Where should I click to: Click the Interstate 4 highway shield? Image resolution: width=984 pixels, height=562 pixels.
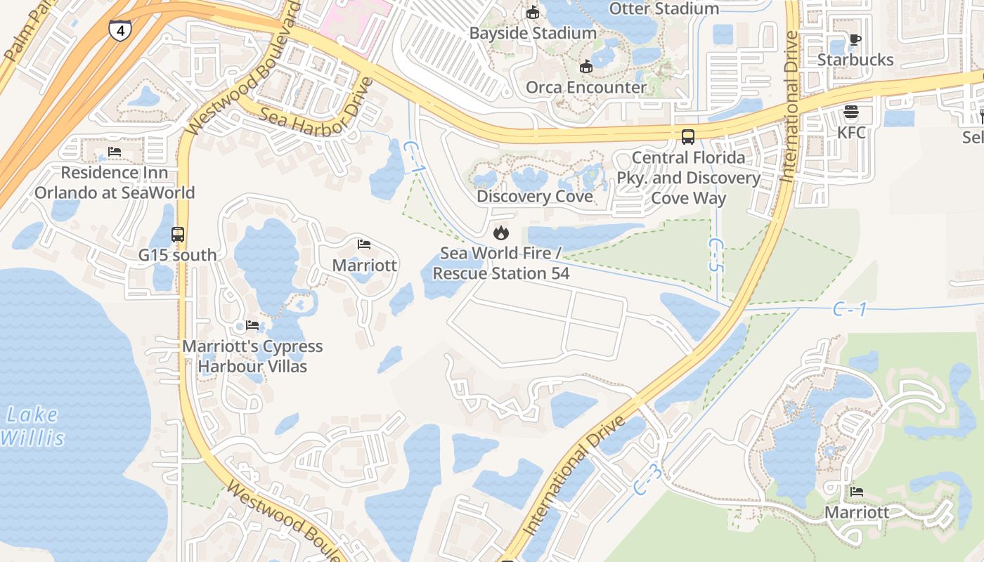click(119, 30)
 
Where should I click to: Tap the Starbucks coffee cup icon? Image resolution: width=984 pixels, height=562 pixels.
click(855, 40)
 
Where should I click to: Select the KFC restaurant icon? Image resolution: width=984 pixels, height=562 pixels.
click(851, 112)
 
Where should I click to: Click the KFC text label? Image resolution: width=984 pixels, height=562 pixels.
click(851, 132)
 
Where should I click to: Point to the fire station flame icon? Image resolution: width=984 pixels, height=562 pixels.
click(500, 232)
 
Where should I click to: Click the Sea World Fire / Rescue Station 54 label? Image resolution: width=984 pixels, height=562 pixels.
click(500, 263)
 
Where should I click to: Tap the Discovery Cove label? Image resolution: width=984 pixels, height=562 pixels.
click(534, 197)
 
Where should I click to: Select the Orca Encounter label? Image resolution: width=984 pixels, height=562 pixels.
click(586, 87)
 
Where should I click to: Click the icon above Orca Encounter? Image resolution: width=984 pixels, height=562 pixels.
click(585, 67)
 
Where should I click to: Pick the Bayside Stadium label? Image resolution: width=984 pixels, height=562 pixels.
click(533, 33)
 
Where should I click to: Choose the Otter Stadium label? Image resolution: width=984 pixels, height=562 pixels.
click(663, 8)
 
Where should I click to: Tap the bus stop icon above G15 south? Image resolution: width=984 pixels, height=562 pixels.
click(178, 235)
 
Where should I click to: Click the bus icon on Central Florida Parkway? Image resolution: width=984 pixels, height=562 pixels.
click(688, 137)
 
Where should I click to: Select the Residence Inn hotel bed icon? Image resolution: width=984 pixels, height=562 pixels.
click(115, 152)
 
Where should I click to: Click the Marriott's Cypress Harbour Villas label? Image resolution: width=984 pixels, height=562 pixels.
click(252, 356)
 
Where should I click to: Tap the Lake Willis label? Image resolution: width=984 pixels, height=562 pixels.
click(32, 426)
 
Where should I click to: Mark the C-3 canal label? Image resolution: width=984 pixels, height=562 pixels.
click(647, 479)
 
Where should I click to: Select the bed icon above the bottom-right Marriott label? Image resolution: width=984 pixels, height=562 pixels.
click(856, 492)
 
